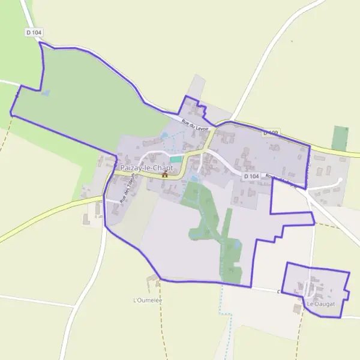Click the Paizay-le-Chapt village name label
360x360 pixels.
[146, 169]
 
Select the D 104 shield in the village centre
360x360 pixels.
[251, 176]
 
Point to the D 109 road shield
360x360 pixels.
[271, 133]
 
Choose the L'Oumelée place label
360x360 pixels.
[148, 299]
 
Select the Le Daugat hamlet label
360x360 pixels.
[320, 305]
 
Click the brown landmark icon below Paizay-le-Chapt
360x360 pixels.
[164, 175]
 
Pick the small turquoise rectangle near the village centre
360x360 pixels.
[175, 159]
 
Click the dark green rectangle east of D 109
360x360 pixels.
[340, 138]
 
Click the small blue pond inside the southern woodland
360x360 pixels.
[235, 245]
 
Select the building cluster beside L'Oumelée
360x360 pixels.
[152, 280]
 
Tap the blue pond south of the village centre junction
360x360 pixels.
[193, 179]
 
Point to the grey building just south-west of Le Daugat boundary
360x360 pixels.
[297, 308]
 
